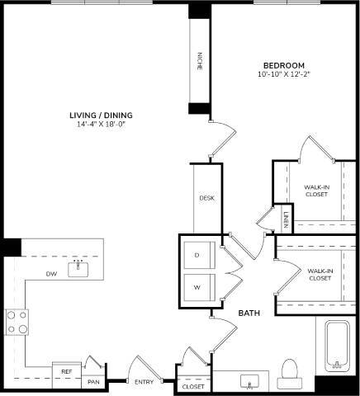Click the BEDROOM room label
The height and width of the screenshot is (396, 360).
click(284, 66)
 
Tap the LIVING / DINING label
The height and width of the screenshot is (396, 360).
click(102, 115)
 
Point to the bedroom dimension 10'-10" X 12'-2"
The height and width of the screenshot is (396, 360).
click(284, 75)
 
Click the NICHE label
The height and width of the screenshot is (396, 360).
click(199, 61)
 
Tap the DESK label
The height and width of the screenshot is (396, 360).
click(206, 199)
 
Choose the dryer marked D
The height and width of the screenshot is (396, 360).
click(197, 256)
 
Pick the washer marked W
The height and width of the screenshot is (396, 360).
click(197, 287)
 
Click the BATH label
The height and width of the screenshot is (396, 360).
click(250, 313)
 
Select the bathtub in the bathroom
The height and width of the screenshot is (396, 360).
click(336, 346)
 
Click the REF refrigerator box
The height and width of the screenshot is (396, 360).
click(67, 372)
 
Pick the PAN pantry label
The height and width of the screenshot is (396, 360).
click(93, 381)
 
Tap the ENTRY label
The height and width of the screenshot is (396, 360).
click(144, 381)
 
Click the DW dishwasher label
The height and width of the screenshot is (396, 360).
click(51, 273)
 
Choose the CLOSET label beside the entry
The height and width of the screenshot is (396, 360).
click(193, 385)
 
